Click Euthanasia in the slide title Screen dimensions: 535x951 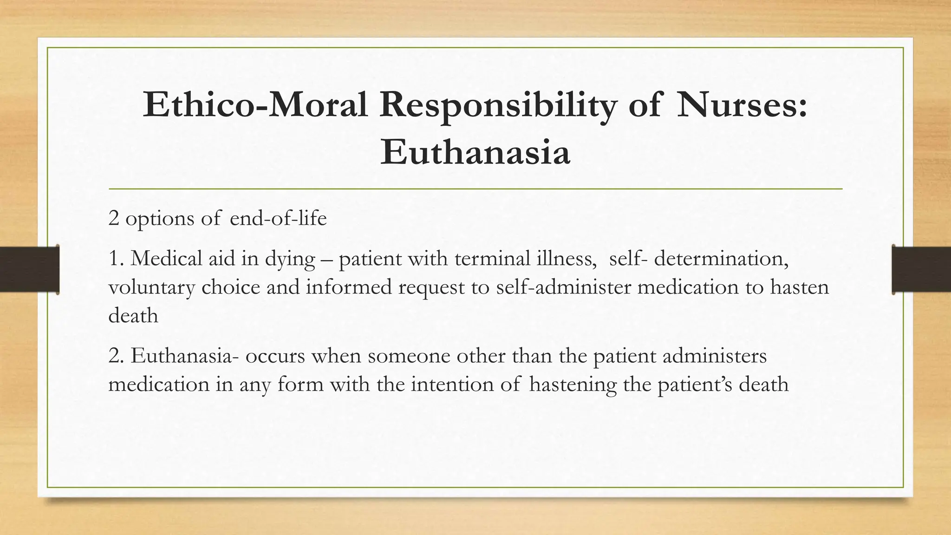click(x=475, y=152)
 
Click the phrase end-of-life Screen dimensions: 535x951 click(x=278, y=218)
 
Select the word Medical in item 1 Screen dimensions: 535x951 click(x=166, y=258)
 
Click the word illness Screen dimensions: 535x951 click(x=567, y=258)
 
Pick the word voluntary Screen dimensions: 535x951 click(x=151, y=287)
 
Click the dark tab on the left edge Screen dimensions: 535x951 click(x=29, y=270)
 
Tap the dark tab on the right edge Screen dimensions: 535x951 click(x=921, y=270)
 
